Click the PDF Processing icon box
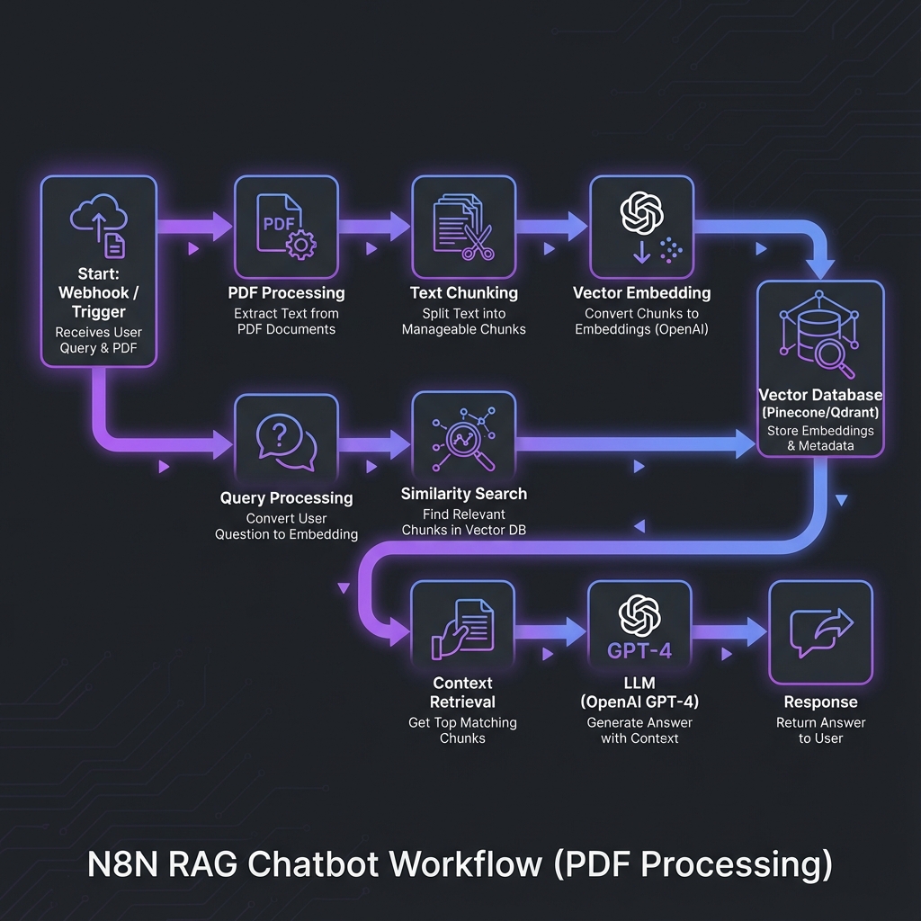coord(286,227)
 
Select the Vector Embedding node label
coord(641,293)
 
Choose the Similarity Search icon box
coord(464,441)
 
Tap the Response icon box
coord(820,632)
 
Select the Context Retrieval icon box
coord(463,631)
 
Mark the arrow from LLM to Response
coord(729,632)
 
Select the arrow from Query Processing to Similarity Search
coord(374,443)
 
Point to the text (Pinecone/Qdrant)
coord(820,412)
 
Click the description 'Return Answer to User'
coord(820,730)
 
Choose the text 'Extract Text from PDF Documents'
coord(286,321)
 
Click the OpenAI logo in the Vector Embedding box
coord(641,213)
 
